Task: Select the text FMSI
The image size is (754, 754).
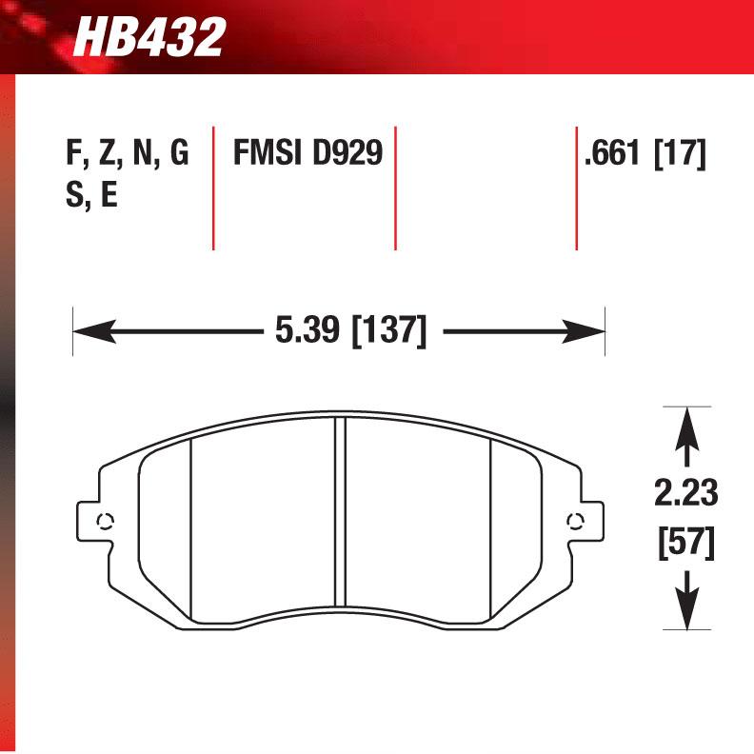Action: coord(268,152)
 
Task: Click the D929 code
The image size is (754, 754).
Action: coord(347,152)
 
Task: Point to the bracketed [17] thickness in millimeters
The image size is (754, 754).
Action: coord(680,152)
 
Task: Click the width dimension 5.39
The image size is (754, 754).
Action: coord(307,332)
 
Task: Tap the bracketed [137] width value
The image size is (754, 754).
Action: coord(387,332)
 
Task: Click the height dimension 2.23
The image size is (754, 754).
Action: coord(685,494)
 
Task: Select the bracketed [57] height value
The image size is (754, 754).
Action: coord(685,544)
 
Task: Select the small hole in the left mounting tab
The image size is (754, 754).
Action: coord(105,520)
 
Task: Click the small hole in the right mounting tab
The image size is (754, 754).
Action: coord(574,520)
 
